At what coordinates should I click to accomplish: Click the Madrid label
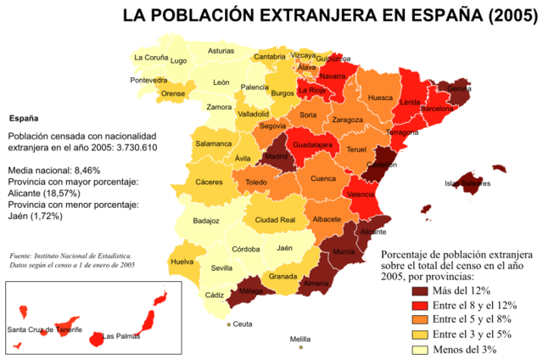pos(277,157)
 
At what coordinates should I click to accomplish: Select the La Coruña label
pos(151,58)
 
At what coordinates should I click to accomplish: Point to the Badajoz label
pos(206,221)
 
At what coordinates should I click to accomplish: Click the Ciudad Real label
pos(275,220)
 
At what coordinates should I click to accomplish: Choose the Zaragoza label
pos(347,120)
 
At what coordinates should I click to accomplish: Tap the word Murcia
pos(344,253)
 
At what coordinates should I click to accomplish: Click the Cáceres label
pos(209,182)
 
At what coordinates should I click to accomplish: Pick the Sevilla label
pos(221,268)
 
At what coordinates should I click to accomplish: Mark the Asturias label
pos(221,51)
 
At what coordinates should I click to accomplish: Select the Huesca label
pos(380,98)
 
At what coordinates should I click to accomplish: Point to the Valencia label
pos(361,194)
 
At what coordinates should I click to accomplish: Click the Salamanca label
pos(213,143)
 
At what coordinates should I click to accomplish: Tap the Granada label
pos(283,277)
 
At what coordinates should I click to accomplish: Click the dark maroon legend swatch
pos(420,291)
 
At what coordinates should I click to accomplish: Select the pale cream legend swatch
pos(420,350)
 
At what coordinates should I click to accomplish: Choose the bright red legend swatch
pos(420,306)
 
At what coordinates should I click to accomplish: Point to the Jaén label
pos(284,248)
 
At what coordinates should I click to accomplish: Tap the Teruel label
pos(356,150)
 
